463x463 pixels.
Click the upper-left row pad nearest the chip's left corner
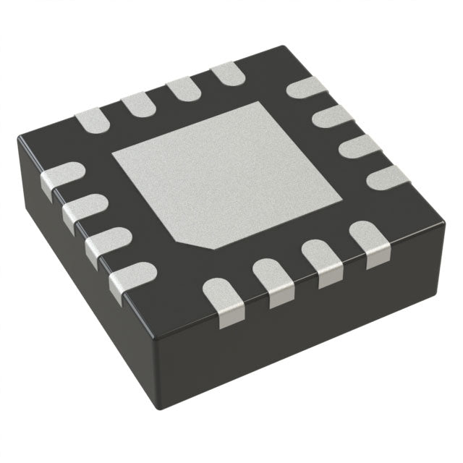[x=92, y=120]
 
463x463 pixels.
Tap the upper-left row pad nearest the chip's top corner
[x=226, y=72]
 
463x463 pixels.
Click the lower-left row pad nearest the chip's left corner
[x=61, y=178]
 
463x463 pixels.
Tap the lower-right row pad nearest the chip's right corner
[x=369, y=242]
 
